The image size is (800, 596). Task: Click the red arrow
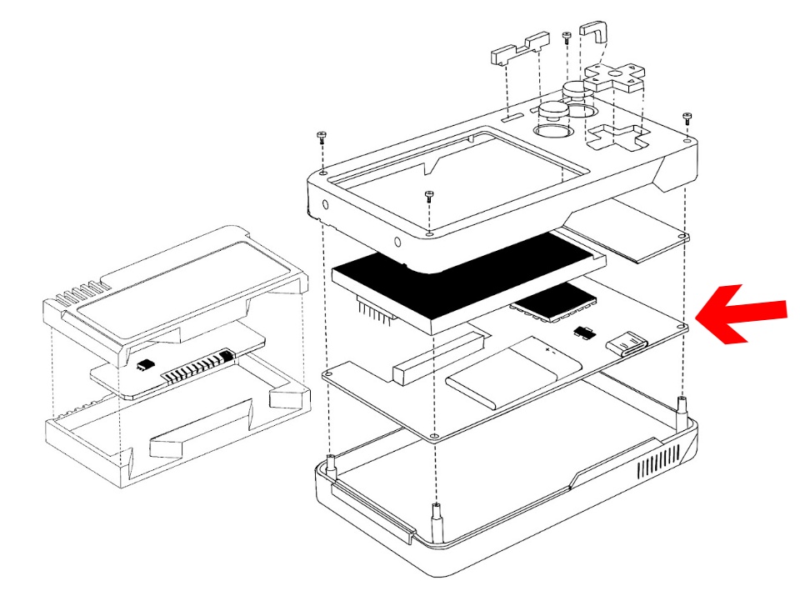[740, 313]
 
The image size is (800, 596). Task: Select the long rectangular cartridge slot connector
[438, 355]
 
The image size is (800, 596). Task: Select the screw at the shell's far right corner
[687, 118]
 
